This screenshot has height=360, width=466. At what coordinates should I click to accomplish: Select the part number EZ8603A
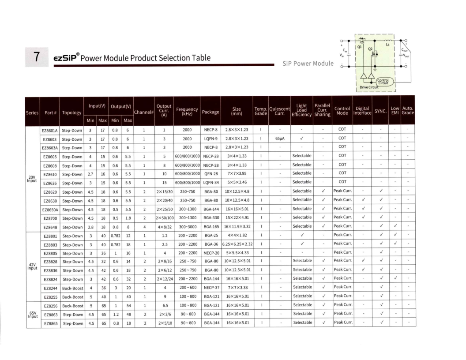(49, 147)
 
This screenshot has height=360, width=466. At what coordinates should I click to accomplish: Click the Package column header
(210, 112)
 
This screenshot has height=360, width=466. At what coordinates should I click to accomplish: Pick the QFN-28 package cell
(210, 173)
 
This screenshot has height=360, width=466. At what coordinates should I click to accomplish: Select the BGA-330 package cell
(210, 217)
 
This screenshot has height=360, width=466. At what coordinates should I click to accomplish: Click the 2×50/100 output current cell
(164, 217)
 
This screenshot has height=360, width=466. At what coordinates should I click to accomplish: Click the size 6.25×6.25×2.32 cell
(237, 244)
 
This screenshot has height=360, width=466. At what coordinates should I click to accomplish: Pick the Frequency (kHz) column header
(187, 112)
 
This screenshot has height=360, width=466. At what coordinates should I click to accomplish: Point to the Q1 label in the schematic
(360, 45)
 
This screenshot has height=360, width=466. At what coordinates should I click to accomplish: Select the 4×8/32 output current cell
(164, 226)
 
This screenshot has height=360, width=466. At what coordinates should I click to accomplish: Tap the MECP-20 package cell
(210, 253)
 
